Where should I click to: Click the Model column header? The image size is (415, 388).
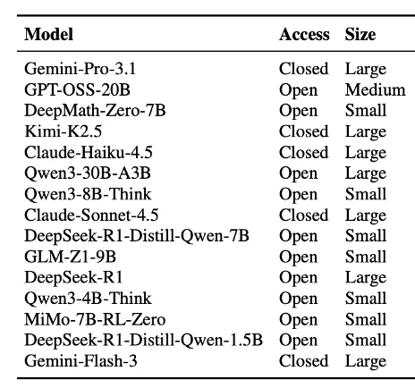click(x=48, y=34)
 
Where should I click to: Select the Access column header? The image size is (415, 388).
click(x=304, y=34)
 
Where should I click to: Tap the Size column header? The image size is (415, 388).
click(x=360, y=34)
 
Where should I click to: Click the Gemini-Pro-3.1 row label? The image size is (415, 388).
click(x=80, y=69)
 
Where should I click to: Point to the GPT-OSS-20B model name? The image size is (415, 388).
click(x=77, y=89)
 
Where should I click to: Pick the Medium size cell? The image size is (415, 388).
click(x=375, y=89)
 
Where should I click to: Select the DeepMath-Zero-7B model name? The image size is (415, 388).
click(x=95, y=111)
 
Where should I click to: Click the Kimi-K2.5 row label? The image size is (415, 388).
click(x=63, y=131)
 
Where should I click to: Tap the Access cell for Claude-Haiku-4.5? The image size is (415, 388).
click(x=303, y=152)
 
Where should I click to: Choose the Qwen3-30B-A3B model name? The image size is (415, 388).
click(x=88, y=173)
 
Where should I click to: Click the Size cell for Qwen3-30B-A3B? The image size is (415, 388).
click(x=366, y=173)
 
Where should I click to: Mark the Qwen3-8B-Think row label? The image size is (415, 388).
click(x=88, y=194)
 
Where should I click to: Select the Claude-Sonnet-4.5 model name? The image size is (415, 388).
click(x=91, y=215)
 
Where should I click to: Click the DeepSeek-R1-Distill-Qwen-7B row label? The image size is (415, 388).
click(x=137, y=236)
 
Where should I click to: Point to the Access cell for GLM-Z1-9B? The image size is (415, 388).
click(x=298, y=257)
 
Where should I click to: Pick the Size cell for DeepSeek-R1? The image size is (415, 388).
click(x=366, y=278)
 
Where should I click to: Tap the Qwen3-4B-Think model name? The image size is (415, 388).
click(x=88, y=299)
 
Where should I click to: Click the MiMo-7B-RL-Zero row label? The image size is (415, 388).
click(x=95, y=319)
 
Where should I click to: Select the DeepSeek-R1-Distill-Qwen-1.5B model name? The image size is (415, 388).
click(x=143, y=340)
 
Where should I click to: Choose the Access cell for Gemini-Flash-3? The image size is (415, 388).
click(x=303, y=361)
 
